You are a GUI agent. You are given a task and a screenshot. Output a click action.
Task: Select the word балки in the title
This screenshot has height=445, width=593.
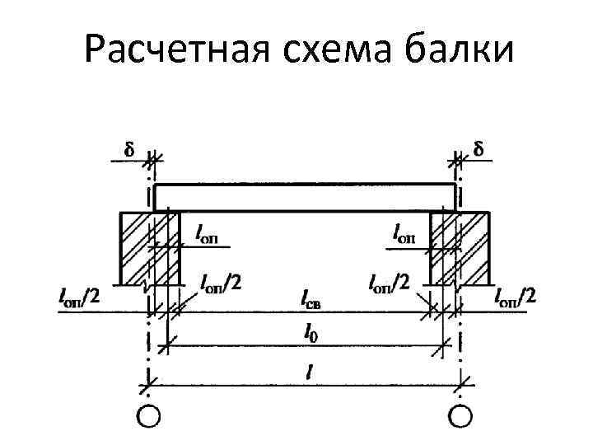click(x=460, y=50)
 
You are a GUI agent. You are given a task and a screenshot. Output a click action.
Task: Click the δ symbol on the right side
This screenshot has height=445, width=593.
click(x=479, y=150)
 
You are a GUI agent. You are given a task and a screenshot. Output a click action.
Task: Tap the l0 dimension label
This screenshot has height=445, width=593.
click(x=308, y=333)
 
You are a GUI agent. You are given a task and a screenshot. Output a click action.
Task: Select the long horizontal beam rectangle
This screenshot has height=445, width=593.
click(x=305, y=196)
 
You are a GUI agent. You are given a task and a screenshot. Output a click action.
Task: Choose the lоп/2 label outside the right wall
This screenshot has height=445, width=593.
click(x=515, y=295)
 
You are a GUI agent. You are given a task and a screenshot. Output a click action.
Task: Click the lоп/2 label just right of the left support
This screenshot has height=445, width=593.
click(x=221, y=283)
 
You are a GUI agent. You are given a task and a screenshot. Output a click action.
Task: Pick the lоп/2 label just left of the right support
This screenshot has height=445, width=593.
click(x=389, y=283)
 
